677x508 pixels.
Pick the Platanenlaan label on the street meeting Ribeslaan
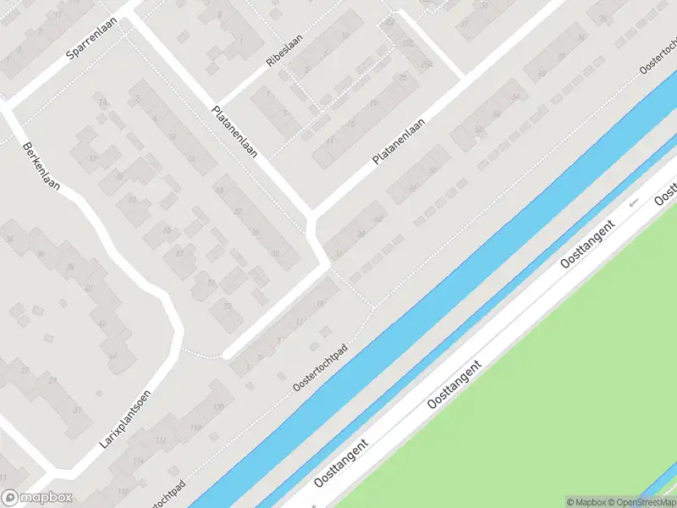point(235,131)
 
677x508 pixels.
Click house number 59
point(119,175)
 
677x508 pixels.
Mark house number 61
point(131,201)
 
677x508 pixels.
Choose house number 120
point(218,408)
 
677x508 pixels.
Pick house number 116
point(161,441)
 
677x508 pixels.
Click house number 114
point(138,461)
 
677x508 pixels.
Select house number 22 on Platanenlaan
point(238,211)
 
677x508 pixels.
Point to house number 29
point(52,381)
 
